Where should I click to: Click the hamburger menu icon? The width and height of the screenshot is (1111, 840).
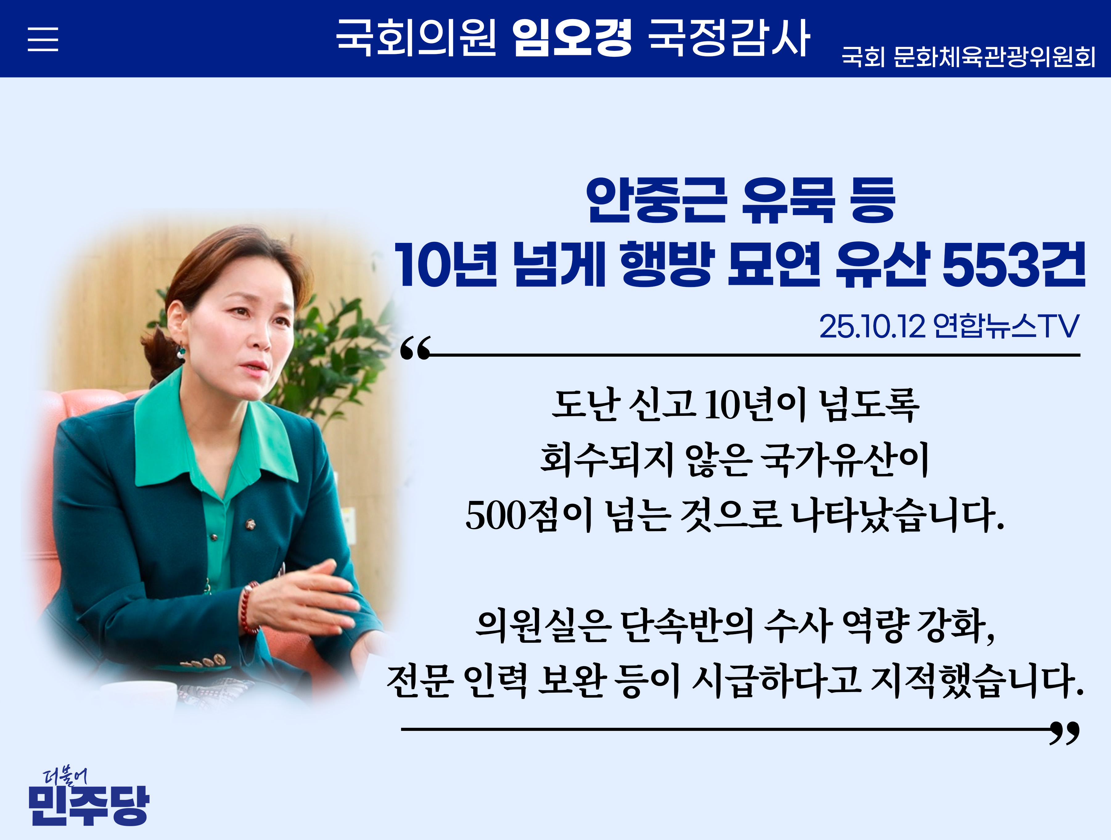pos(43,39)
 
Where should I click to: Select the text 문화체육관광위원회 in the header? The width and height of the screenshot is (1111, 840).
pos(994,57)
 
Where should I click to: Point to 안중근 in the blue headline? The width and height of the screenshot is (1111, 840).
pos(656,200)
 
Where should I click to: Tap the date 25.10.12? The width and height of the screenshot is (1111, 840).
pos(872,327)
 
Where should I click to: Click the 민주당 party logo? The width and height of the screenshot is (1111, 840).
pos(89,798)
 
